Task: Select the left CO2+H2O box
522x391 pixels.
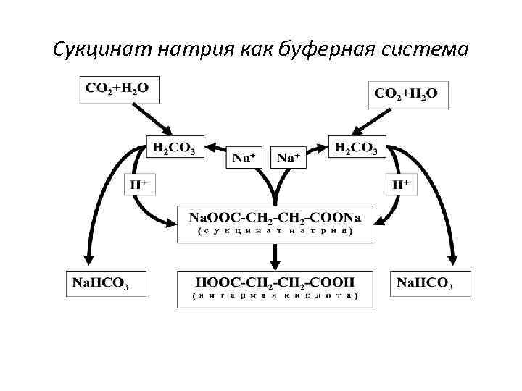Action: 118,89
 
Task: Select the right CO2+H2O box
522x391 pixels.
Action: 407,94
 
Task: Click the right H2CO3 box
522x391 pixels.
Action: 357,147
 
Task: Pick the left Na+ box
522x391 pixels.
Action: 246,157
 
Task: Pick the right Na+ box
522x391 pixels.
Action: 289,157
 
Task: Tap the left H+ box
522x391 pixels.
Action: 138,185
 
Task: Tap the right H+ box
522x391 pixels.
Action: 400,185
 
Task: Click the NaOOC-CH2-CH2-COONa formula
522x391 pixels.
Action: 275,217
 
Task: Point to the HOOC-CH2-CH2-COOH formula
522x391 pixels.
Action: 275,282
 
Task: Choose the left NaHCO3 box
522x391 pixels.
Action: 107,282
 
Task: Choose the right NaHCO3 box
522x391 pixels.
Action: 431,282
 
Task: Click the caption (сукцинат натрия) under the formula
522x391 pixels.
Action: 275,232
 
